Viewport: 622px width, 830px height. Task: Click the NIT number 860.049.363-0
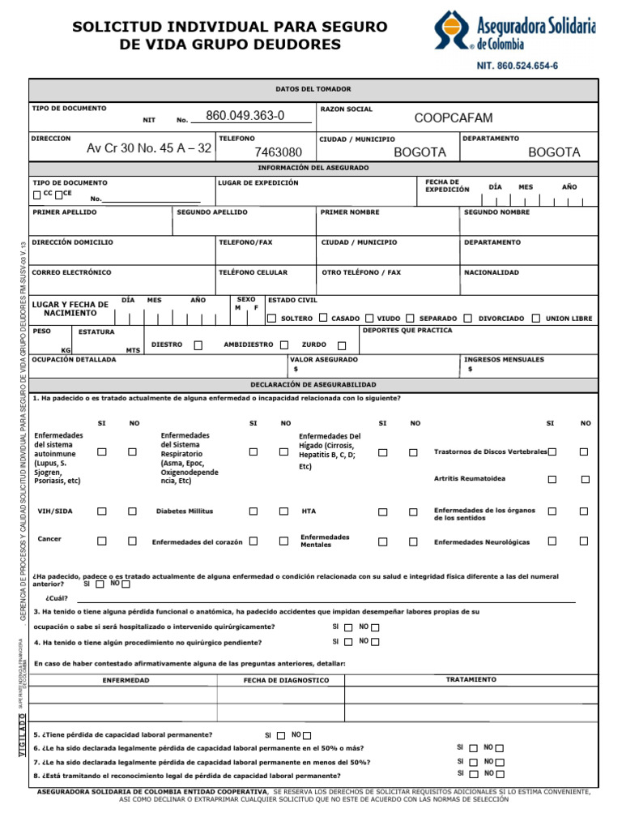tap(245, 116)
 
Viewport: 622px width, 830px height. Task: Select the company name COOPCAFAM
tap(454, 118)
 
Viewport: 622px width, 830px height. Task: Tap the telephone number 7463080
tap(278, 152)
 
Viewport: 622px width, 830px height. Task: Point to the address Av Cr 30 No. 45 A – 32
tap(149, 148)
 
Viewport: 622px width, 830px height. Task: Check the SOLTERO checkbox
tap(272, 319)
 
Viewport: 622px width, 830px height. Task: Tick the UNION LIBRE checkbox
tap(559, 319)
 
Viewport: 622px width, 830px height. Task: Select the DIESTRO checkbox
tap(198, 344)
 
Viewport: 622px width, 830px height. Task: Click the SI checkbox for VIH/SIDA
tap(102, 511)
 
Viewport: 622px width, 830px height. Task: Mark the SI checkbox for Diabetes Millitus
tap(253, 511)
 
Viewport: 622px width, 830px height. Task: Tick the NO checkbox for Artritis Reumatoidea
tap(584, 479)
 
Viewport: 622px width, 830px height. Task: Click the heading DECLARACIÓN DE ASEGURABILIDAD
tap(313, 385)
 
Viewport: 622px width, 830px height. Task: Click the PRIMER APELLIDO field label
tap(65, 212)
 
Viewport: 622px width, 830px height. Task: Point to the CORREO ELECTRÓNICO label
tap(72, 272)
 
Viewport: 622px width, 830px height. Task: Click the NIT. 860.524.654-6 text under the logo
tap(522, 65)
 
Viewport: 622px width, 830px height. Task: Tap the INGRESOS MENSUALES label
tap(504, 359)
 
